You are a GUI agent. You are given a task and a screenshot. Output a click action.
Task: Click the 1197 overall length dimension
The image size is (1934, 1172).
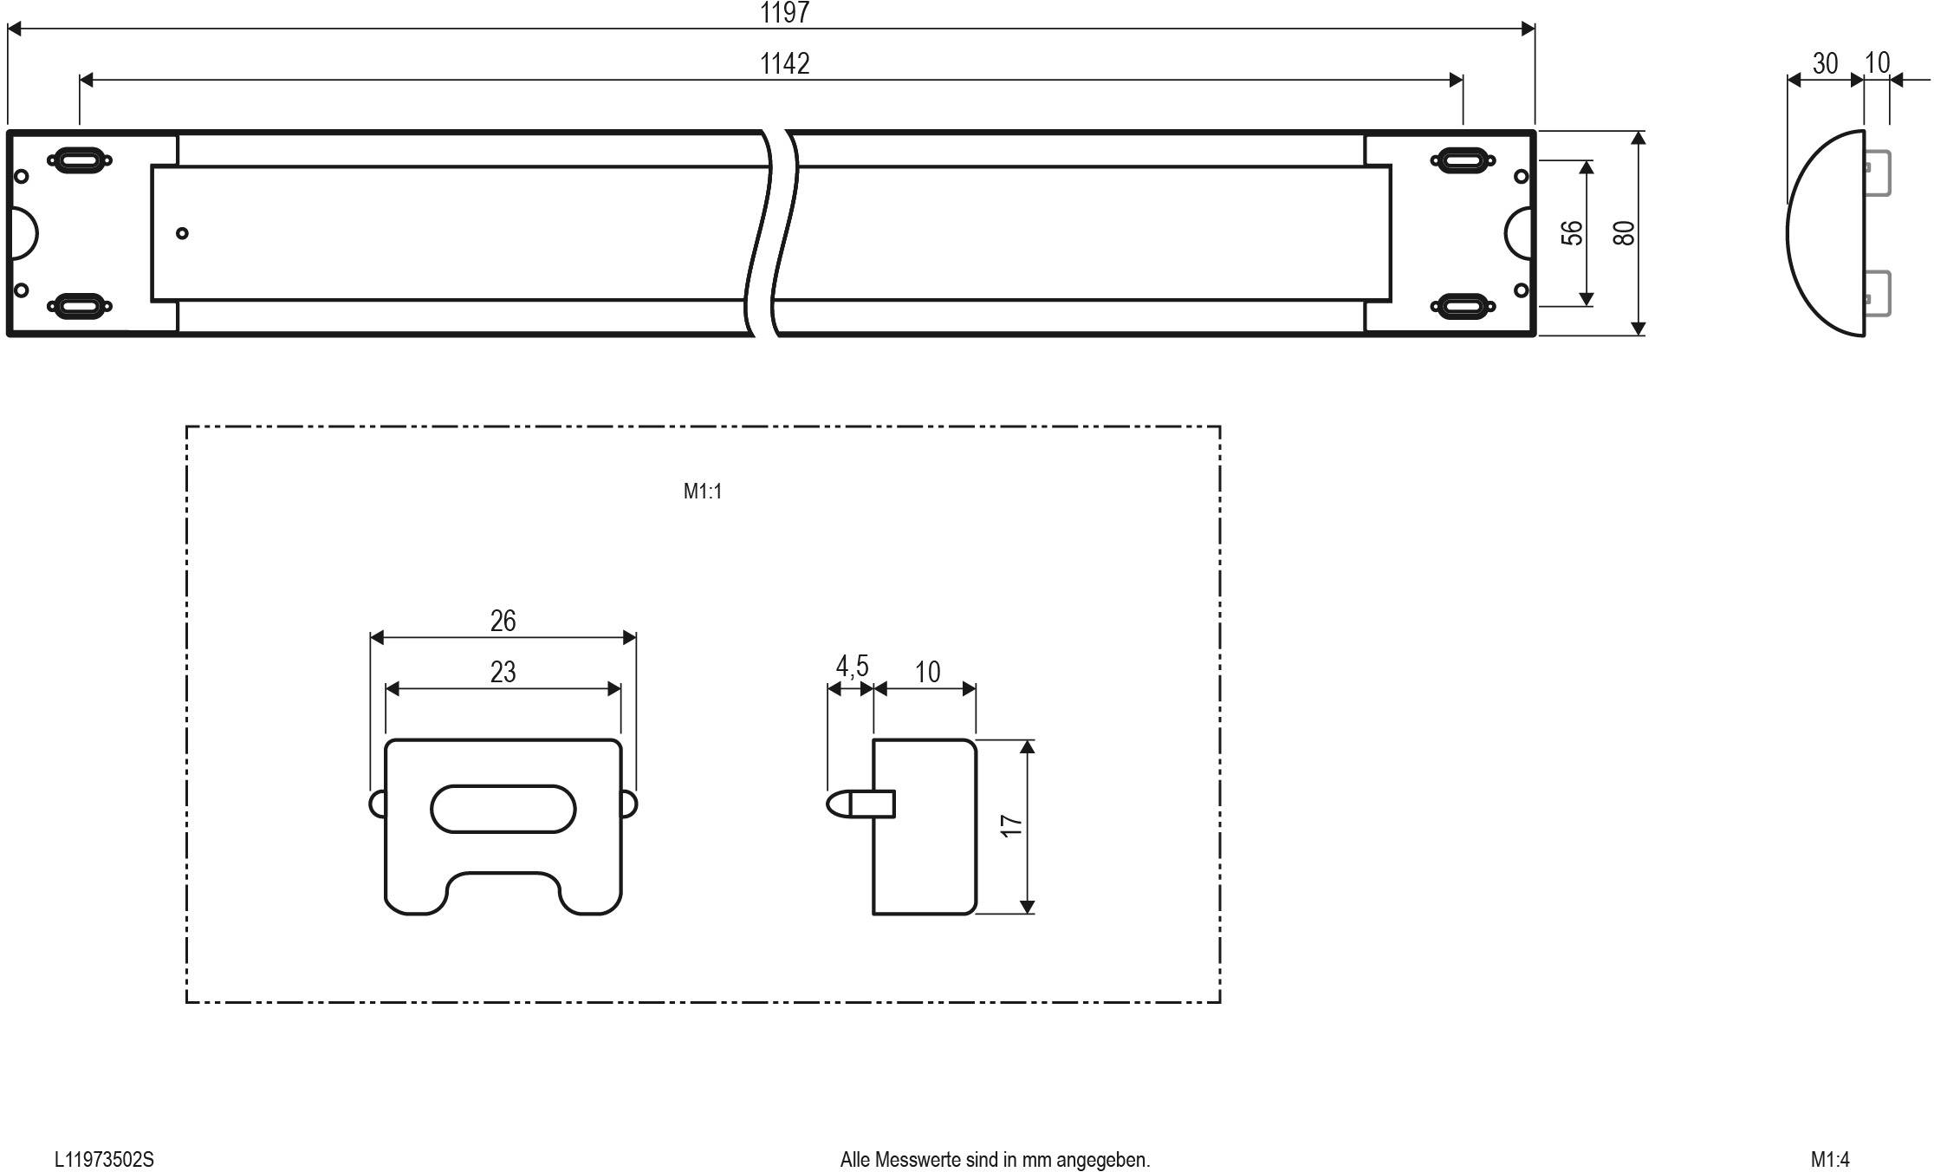click(x=784, y=12)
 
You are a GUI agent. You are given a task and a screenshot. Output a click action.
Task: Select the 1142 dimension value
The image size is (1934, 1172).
click(x=784, y=63)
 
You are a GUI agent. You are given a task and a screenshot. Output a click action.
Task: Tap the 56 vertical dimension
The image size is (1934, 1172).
click(x=1571, y=232)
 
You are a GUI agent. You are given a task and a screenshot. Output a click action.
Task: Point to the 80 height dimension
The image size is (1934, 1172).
click(x=1624, y=232)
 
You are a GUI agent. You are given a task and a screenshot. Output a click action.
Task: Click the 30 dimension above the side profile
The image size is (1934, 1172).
click(x=1824, y=63)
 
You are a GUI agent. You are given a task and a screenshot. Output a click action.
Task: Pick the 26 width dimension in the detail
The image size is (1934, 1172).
click(x=503, y=621)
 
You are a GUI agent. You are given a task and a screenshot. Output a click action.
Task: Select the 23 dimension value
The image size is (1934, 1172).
click(x=503, y=672)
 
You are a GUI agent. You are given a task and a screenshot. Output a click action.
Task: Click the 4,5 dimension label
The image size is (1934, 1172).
click(x=851, y=666)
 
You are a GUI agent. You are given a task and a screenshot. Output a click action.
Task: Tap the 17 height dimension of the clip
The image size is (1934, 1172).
click(x=1010, y=825)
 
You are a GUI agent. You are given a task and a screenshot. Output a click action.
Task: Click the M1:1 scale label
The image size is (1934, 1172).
click(x=702, y=492)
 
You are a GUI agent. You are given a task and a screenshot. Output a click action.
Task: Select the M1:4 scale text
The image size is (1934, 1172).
click(x=1829, y=1159)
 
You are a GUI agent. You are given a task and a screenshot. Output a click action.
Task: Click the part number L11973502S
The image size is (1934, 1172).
click(x=104, y=1159)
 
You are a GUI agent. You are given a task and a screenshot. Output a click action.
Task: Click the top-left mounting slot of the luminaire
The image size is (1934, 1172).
click(x=79, y=160)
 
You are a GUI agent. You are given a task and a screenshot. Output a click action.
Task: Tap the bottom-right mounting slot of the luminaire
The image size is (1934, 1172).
click(x=1463, y=305)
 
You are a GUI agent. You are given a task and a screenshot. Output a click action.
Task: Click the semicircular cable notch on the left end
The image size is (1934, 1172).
click(x=26, y=232)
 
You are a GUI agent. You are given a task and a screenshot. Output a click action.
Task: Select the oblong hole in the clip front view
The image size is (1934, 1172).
click(x=503, y=809)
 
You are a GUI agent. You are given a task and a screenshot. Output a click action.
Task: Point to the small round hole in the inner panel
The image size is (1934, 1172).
click(x=182, y=232)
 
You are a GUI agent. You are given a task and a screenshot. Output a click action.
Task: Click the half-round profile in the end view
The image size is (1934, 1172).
click(x=1824, y=232)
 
